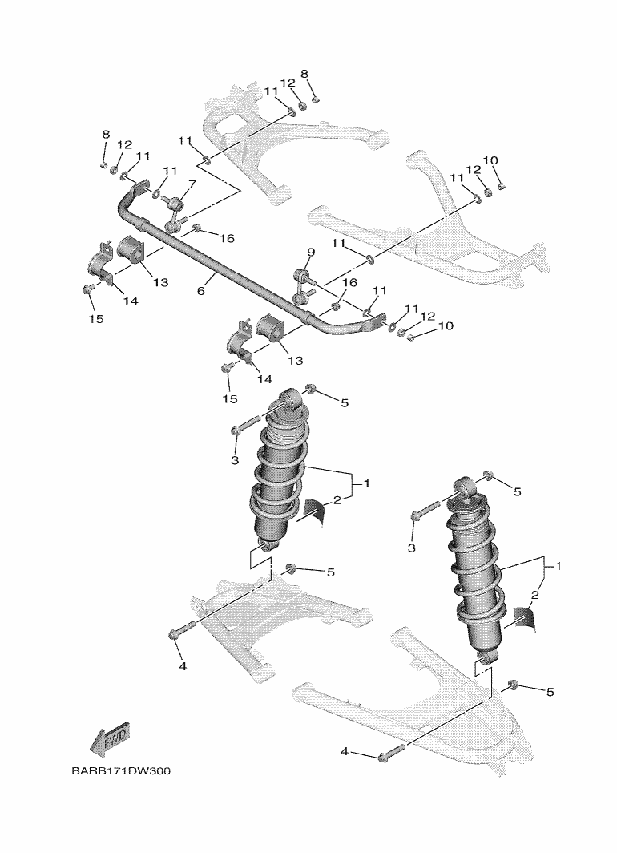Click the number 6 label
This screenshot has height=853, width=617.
pyautogui.click(x=200, y=291)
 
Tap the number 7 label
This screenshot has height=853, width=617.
pyautogui.click(x=192, y=184)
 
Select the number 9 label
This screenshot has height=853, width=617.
pyautogui.click(x=312, y=253)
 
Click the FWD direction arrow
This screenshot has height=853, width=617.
pyautogui.click(x=110, y=738)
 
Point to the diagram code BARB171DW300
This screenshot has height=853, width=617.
pyautogui.click(x=120, y=771)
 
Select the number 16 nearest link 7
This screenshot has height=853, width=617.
pyautogui.click(x=227, y=238)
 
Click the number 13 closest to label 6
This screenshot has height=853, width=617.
pyautogui.click(x=160, y=282)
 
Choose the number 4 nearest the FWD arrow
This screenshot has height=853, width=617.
pyautogui.click(x=182, y=665)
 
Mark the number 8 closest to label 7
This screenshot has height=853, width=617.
pyautogui.click(x=105, y=134)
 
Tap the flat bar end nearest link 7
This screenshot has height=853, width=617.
pyautogui.click(x=138, y=186)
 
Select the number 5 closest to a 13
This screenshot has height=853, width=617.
pyautogui.click(x=345, y=402)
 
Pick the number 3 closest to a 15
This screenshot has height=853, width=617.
pyautogui.click(x=235, y=460)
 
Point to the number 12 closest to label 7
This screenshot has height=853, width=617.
pyautogui.click(x=124, y=145)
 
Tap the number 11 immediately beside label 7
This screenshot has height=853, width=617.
pyautogui.click(x=170, y=171)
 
